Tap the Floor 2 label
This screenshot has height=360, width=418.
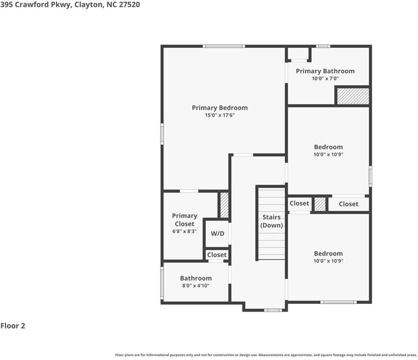[13, 326]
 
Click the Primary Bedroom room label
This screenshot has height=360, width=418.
[219, 108]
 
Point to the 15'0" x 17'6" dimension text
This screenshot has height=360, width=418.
[219, 116]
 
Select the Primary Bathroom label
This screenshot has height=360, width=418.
[325, 71]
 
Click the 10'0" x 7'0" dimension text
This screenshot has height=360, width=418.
[325, 79]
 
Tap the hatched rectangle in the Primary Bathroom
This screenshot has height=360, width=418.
[352, 96]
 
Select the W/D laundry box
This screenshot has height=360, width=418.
[217, 233]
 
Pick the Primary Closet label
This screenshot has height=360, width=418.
[184, 220]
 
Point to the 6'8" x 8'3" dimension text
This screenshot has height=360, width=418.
[184, 232]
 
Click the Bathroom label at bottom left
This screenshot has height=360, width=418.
[195, 279]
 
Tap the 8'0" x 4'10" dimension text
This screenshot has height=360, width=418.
[195, 286]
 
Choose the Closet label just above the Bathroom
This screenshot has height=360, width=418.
[217, 255]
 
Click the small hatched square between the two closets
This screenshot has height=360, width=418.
[320, 204]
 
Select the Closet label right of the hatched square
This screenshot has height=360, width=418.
[348, 204]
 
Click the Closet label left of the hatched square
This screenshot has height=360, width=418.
[299, 203]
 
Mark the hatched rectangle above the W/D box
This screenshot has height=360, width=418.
[224, 205]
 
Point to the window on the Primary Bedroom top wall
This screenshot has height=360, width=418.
[223, 46]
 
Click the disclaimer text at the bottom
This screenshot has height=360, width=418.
[266, 355]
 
